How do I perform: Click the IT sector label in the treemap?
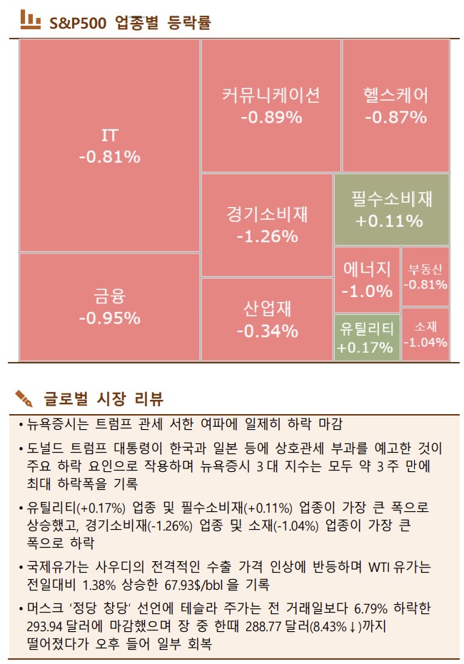click(x=109, y=135)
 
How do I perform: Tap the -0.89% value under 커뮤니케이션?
click(x=271, y=117)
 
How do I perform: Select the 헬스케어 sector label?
click(x=395, y=95)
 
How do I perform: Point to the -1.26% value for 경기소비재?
click(x=267, y=236)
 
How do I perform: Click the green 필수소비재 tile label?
click(x=392, y=198)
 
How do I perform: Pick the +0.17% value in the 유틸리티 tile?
click(x=365, y=348)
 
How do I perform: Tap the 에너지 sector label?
click(x=367, y=269)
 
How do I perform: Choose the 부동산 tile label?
click(x=425, y=270)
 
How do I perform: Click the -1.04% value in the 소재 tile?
click(x=425, y=342)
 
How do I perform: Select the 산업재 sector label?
click(x=267, y=309)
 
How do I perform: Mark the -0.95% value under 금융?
click(x=109, y=318)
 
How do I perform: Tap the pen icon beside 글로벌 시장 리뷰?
click(x=24, y=396)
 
